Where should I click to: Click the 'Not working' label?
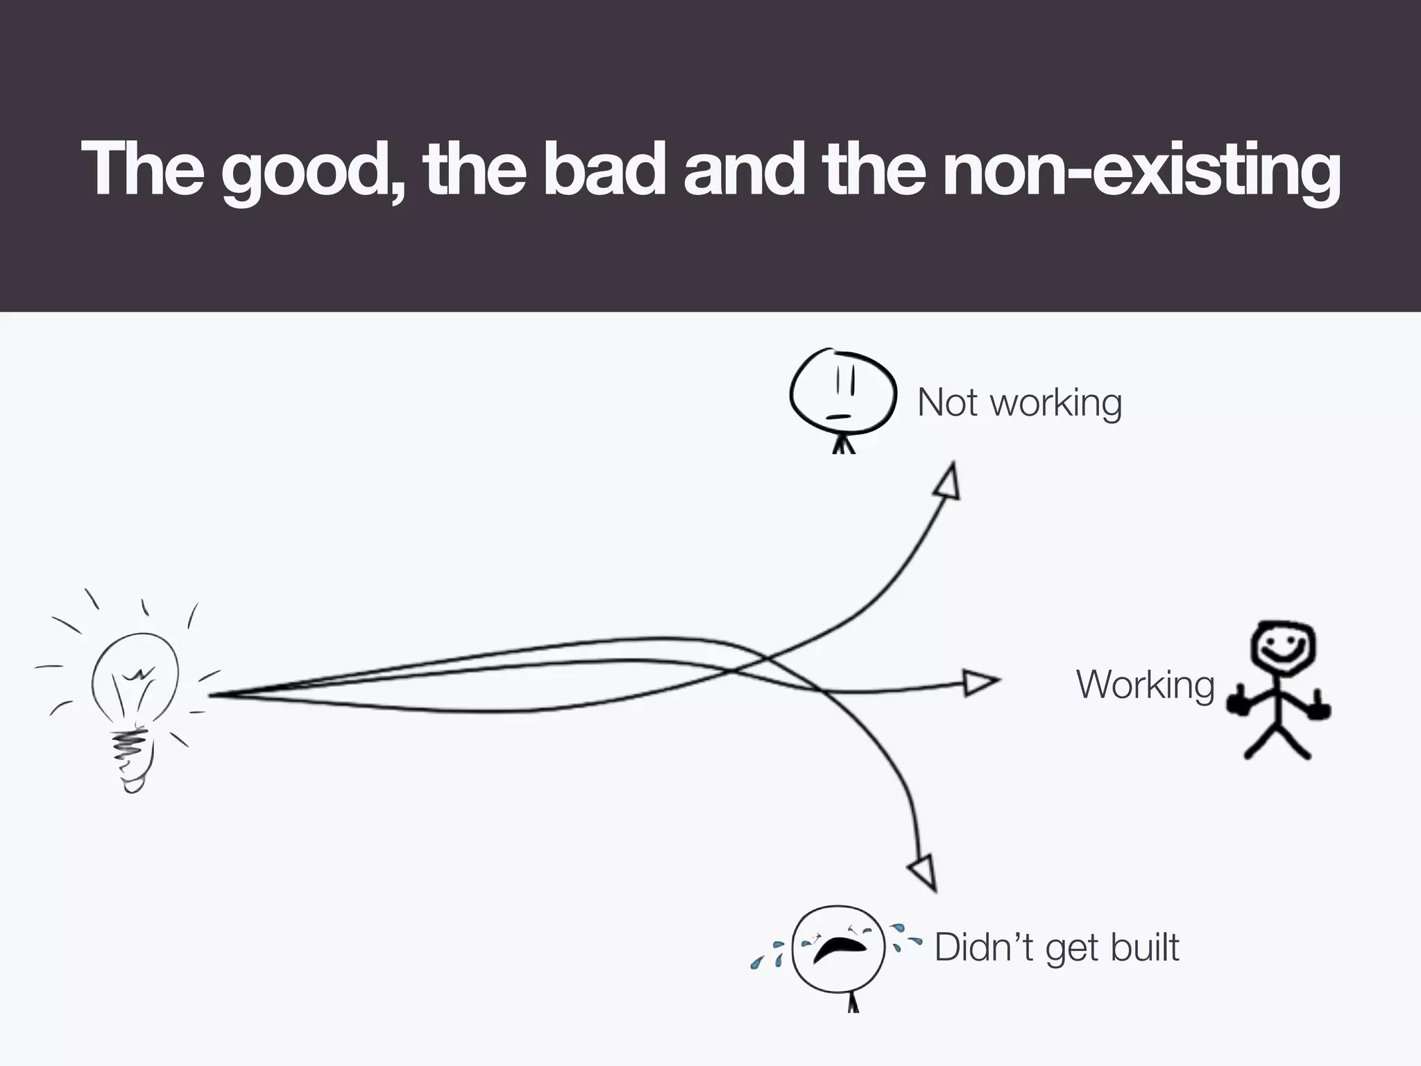click(1019, 403)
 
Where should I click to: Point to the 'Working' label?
click(1145, 685)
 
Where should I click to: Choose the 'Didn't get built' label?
click(1056, 948)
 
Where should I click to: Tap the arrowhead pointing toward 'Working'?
click(980, 682)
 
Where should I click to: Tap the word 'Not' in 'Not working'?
click(946, 403)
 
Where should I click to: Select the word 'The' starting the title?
click(142, 170)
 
